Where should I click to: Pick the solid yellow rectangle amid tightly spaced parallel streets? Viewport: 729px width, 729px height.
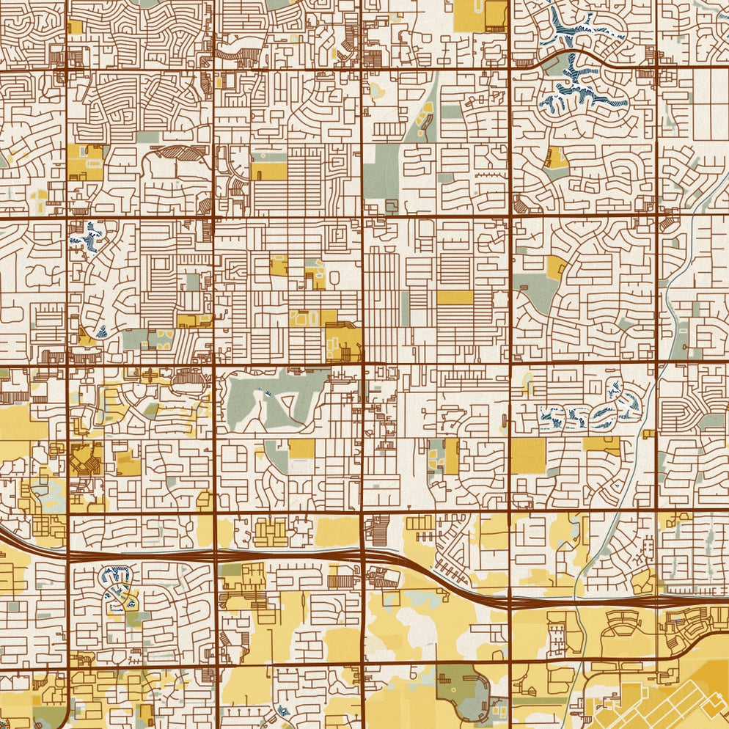point(455,297)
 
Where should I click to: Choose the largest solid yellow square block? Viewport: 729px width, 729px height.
point(528,455)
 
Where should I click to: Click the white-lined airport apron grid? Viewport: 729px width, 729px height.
point(660,704)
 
